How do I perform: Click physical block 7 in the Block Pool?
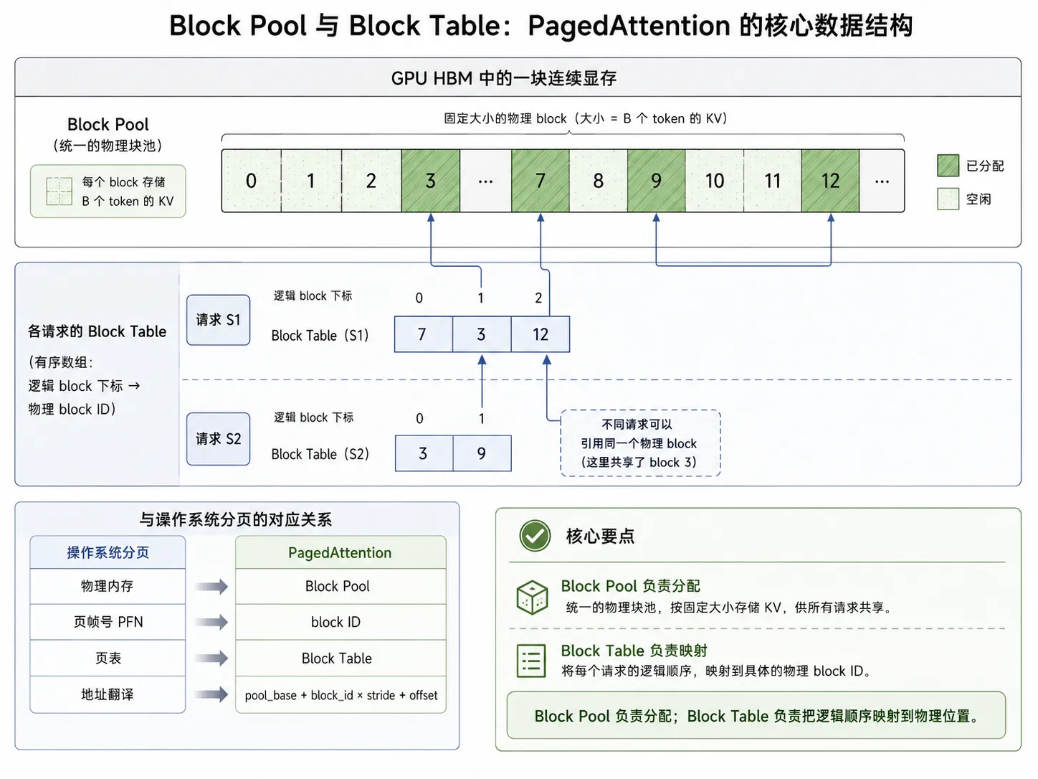[x=540, y=181]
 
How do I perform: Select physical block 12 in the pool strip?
[x=830, y=181]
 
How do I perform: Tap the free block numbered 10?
[x=714, y=181]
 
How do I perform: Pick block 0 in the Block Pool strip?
[x=252, y=181]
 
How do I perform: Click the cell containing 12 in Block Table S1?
[x=541, y=334]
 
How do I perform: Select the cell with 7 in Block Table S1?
[x=424, y=334]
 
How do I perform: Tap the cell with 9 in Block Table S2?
[x=482, y=453]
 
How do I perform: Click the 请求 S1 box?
[x=219, y=320]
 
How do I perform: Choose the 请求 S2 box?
[x=219, y=439]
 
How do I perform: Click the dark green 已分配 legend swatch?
[x=948, y=166]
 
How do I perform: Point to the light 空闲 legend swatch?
[x=948, y=199]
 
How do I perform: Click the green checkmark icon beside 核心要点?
[x=535, y=536]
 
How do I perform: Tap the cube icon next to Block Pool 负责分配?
[x=533, y=598]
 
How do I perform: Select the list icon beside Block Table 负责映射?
[x=531, y=660]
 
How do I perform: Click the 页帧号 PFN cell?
[x=108, y=622]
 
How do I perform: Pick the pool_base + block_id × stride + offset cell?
[x=341, y=695]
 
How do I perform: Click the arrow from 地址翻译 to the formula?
[x=211, y=694]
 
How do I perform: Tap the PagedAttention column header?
[x=341, y=552]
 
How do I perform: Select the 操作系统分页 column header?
[x=108, y=552]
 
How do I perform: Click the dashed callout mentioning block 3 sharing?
[x=640, y=443]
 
